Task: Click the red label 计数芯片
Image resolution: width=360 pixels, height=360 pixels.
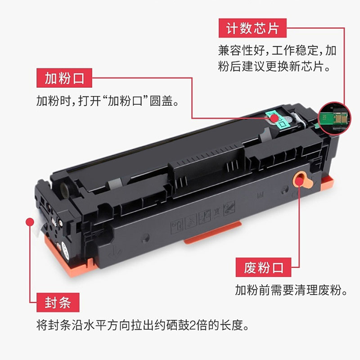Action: click(x=252, y=28)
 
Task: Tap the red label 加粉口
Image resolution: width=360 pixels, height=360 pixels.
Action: click(x=64, y=78)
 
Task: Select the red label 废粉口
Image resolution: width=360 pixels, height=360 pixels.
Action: click(x=263, y=267)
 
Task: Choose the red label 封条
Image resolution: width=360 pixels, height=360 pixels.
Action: click(x=58, y=302)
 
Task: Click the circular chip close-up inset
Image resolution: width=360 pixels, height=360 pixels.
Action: click(x=334, y=118)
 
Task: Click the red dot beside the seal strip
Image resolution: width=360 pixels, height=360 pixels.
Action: click(x=30, y=222)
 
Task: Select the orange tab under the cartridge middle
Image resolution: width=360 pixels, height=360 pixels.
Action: click(x=212, y=232)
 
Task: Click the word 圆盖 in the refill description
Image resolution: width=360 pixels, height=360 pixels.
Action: click(x=161, y=101)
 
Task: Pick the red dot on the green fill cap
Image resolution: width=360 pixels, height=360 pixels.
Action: click(x=274, y=118)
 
